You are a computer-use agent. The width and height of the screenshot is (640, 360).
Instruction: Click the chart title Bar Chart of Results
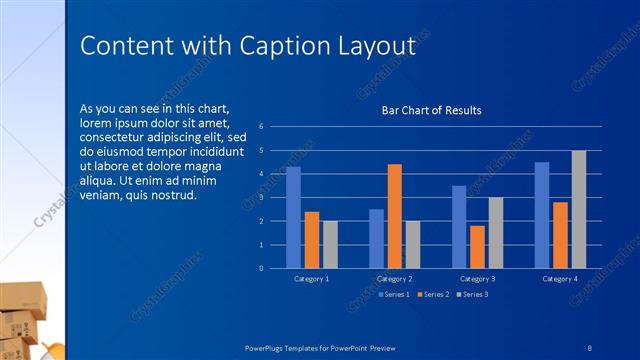point(431,110)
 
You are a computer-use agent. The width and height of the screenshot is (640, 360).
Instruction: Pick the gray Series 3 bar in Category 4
point(579,209)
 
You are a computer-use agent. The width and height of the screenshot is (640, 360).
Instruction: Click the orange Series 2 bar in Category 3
point(477,246)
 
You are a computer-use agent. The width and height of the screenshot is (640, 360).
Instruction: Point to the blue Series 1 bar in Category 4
point(542,215)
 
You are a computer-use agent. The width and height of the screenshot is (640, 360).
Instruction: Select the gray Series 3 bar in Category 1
point(330,244)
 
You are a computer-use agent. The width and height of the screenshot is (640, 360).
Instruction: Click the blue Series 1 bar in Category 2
point(376,238)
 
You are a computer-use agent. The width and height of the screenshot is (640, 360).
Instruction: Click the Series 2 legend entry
point(434,294)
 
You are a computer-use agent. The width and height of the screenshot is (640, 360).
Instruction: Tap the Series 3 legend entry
point(472,294)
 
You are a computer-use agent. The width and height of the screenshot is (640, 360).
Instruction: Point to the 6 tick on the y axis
point(261,127)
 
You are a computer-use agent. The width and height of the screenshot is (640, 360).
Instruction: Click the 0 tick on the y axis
point(261,268)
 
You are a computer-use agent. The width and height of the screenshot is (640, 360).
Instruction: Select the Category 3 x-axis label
point(477,278)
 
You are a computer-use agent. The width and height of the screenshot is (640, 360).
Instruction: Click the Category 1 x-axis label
point(312,278)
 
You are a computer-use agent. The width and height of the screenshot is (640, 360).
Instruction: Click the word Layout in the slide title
point(376,45)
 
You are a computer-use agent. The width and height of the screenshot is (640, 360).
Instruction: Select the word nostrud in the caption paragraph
point(176,194)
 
